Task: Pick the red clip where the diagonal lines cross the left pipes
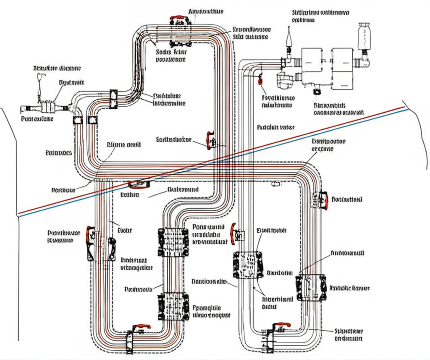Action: pos(138,184)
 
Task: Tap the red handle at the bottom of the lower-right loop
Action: pos(281,326)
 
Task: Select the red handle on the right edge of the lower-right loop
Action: pos(323,200)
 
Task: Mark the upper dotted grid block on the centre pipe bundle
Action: pos(173,242)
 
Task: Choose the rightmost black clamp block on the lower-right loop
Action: pos(311,287)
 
